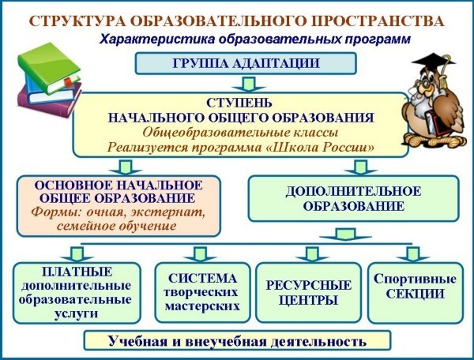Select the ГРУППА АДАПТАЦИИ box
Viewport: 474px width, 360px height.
246,63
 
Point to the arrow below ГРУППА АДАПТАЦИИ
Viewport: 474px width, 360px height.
249,84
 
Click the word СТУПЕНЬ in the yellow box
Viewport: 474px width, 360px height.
239,103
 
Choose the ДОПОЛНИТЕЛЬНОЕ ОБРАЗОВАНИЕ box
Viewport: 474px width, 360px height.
353,199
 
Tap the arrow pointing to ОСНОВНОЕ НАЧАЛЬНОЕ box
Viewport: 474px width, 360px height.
126,167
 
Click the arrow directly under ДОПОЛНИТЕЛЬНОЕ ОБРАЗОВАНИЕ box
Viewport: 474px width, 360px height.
345,234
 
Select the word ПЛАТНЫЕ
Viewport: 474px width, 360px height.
77,272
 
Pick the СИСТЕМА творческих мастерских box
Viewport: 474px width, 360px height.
202,292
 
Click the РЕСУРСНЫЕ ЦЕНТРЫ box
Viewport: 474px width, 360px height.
309,292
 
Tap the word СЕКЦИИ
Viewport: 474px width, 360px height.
415,294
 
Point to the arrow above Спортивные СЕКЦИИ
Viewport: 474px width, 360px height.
413,254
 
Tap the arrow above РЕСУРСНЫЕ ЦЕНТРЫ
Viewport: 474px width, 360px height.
312,254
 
